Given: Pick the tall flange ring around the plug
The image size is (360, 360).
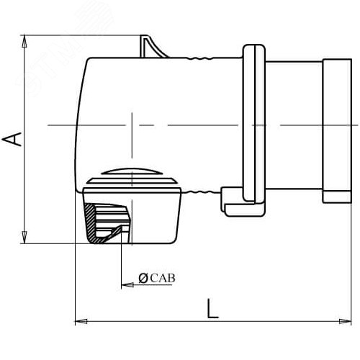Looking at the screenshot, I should coord(252,122).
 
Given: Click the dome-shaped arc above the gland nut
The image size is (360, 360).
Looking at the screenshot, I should coord(134,172).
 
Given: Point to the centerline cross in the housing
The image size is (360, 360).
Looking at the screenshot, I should coord(132,126).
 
